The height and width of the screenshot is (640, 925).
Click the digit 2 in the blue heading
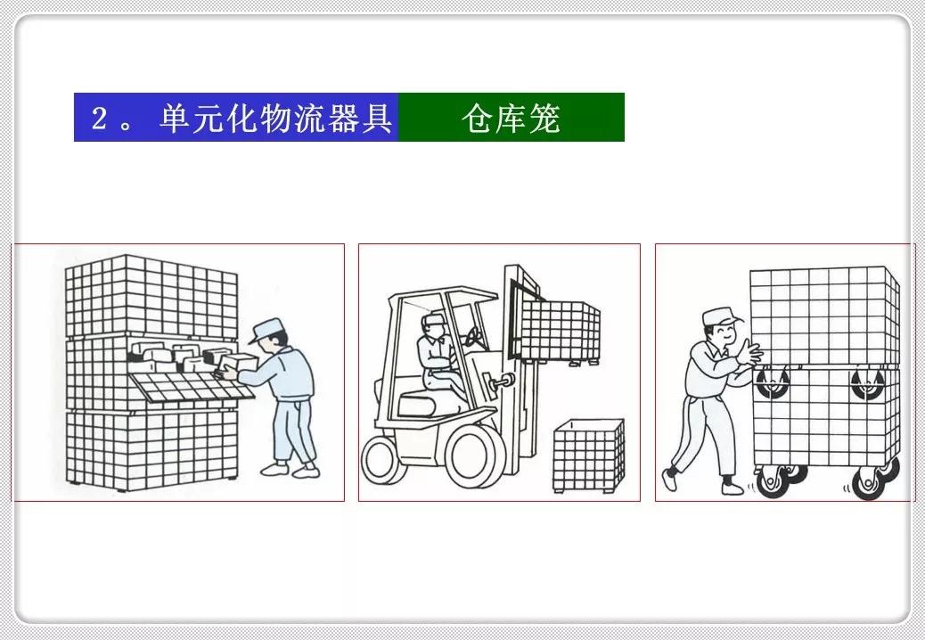100,119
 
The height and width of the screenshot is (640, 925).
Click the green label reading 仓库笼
511,118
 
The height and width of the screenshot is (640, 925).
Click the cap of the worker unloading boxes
265,329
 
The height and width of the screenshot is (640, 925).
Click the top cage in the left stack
151,294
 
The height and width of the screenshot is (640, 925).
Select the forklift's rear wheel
381,463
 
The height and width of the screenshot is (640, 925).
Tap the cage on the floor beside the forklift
588,455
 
